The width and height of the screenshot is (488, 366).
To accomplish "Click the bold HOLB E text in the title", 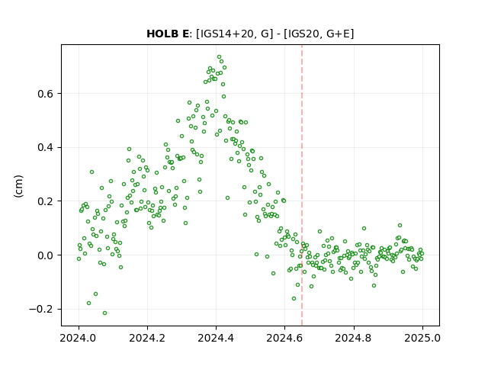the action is point(168,34).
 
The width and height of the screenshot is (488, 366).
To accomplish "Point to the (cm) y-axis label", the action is point(18,186).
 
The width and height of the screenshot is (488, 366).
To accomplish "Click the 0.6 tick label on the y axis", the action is point(46,94).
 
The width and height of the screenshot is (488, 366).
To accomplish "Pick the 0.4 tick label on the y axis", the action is point(46,147).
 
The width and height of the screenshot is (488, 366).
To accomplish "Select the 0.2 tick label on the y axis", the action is point(46,201).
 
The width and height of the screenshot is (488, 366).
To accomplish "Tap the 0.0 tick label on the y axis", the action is point(46,255).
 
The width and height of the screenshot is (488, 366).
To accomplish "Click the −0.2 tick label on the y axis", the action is point(42,310).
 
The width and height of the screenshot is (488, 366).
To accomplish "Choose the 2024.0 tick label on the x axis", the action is point(79,338).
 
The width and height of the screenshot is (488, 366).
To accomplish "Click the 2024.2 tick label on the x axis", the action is point(147,338).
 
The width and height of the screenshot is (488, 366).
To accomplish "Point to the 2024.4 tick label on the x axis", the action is point(216,338).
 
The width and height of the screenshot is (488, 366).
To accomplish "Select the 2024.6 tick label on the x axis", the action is point(284,338).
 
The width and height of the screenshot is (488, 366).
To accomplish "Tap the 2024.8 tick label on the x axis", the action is point(354,338).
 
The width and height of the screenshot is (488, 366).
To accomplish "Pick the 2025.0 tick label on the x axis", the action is point(422,338).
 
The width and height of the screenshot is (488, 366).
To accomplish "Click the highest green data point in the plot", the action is point(219,57).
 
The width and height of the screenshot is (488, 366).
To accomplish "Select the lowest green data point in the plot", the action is point(105,313).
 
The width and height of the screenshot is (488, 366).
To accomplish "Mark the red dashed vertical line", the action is point(302,185).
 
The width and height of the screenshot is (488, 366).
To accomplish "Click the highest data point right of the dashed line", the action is point(400,226).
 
